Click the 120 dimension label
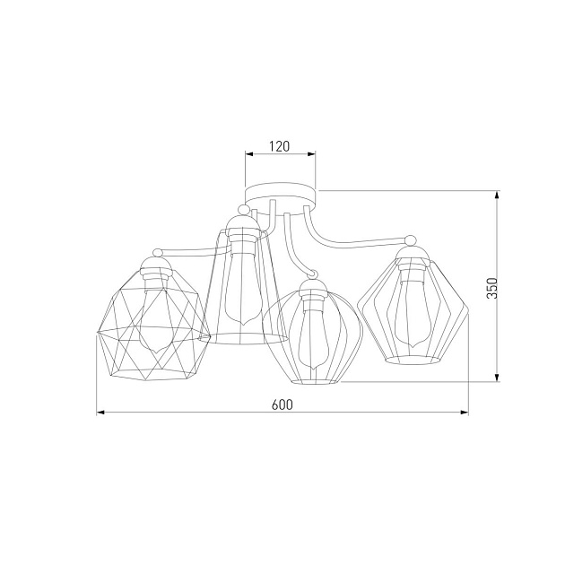279,146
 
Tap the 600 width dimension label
282,404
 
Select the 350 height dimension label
491,288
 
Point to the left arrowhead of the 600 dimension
100,413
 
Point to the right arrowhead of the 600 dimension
465,413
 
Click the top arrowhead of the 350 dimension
497,195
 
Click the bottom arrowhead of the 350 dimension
497,377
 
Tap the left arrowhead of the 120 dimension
249,154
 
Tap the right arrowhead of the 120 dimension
311,154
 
